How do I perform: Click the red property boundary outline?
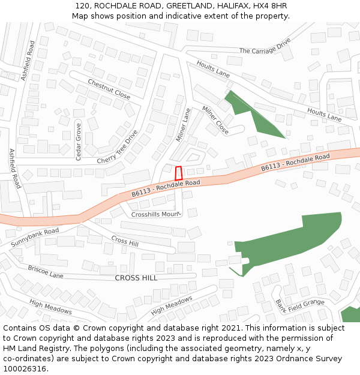(178, 173)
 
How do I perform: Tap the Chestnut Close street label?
(109, 89)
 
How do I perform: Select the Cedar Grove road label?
(78, 142)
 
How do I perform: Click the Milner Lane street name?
(182, 125)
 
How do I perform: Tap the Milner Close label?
(215, 119)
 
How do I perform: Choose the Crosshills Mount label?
(155, 214)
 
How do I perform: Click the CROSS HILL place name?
(136, 278)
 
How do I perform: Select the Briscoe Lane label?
(45, 272)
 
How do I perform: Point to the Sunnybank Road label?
(35, 238)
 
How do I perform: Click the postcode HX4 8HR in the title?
(271, 6)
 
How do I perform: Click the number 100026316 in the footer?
(25, 368)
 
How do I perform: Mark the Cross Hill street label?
(125, 241)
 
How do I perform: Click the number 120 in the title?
(83, 6)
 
